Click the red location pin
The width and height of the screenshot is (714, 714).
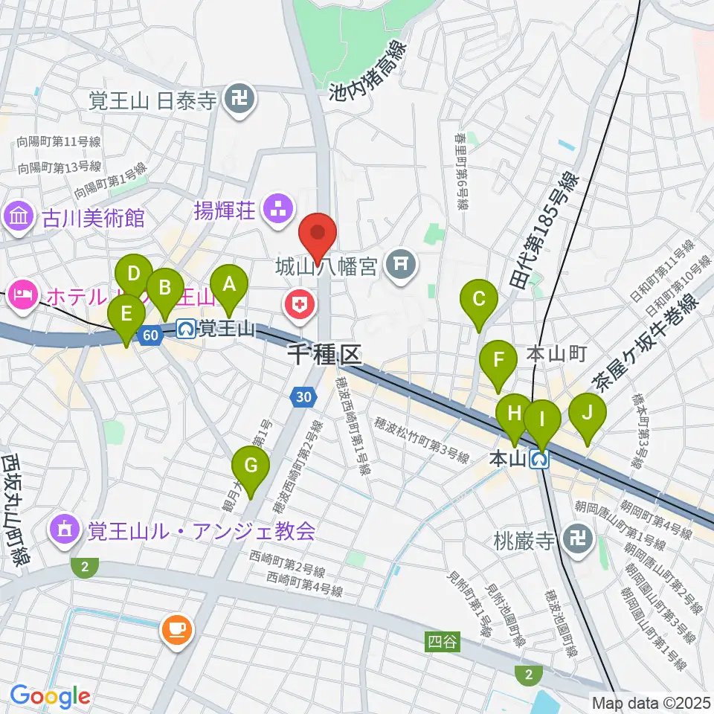point(318,235)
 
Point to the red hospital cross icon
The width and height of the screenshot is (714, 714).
point(300,304)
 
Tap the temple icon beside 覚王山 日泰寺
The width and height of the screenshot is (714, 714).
point(240,98)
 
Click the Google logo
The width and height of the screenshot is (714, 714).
point(49,695)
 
